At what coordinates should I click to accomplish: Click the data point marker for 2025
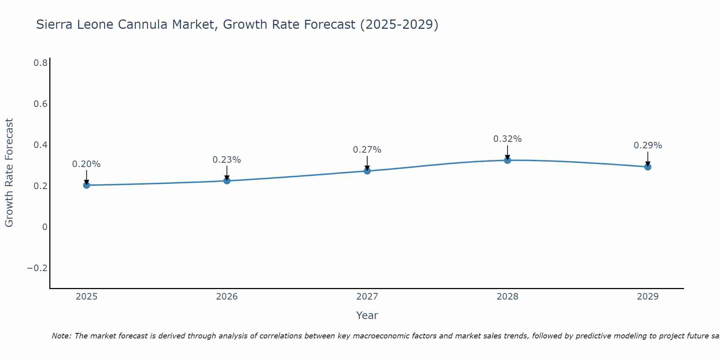(86, 185)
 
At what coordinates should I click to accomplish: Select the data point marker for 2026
(227, 180)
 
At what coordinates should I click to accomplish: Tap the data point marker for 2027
(367, 171)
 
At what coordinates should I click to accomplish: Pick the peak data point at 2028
(507, 160)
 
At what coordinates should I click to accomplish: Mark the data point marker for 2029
(648, 167)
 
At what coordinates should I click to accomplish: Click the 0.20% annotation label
(86, 164)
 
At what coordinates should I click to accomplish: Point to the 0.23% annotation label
(227, 160)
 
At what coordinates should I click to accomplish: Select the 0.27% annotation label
(367, 150)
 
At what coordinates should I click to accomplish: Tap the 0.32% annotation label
(507, 139)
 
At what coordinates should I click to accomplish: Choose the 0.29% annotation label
(648, 145)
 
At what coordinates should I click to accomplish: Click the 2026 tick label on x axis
(227, 297)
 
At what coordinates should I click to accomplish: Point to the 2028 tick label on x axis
(507, 297)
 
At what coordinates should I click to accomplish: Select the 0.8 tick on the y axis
(41, 63)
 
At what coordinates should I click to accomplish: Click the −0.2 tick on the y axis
(37, 268)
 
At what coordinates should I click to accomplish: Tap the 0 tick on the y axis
(45, 227)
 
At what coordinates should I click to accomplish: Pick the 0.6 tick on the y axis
(41, 104)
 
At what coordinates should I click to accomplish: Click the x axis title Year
(367, 315)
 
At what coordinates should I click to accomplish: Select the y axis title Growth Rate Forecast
(9, 172)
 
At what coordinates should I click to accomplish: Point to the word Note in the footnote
(62, 336)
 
